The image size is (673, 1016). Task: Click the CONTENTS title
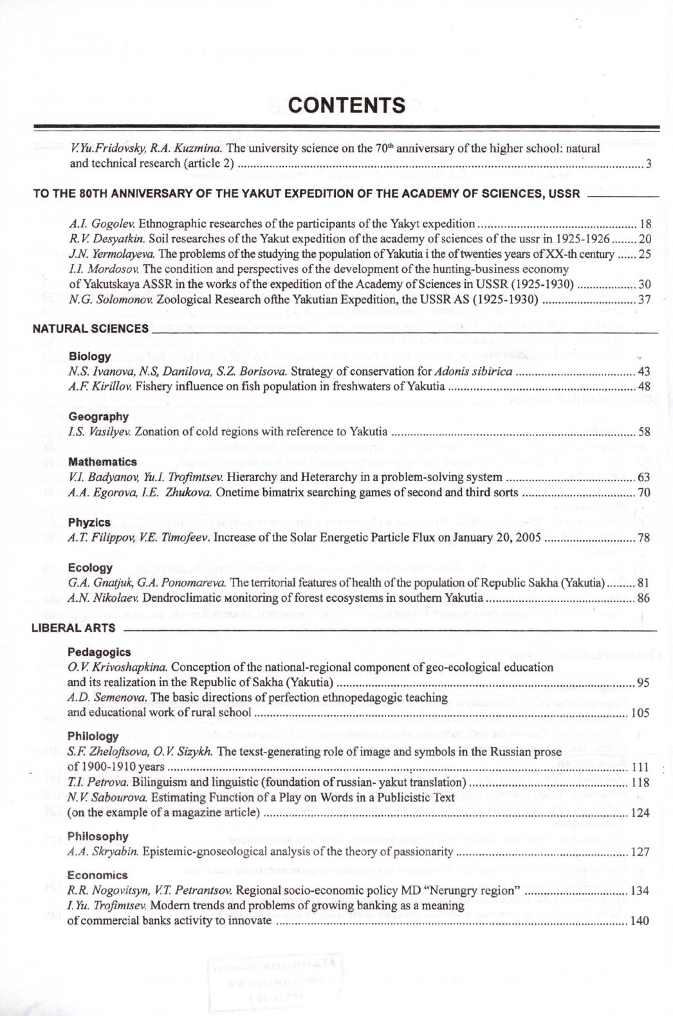click(347, 105)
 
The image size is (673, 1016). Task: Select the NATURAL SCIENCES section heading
click(90, 329)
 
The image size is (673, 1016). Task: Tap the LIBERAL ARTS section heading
click(73, 628)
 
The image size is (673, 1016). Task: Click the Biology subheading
click(89, 356)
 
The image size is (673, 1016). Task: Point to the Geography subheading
click(98, 417)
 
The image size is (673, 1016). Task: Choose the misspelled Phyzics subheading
click(89, 522)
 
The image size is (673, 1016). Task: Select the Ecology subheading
click(90, 568)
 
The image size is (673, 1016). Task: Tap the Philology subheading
click(93, 736)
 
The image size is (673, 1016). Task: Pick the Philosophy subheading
click(98, 837)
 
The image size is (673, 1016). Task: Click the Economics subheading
click(97, 875)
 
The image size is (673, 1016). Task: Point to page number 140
click(640, 921)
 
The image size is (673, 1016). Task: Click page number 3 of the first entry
click(649, 163)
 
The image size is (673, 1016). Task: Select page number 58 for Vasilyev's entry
click(644, 431)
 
